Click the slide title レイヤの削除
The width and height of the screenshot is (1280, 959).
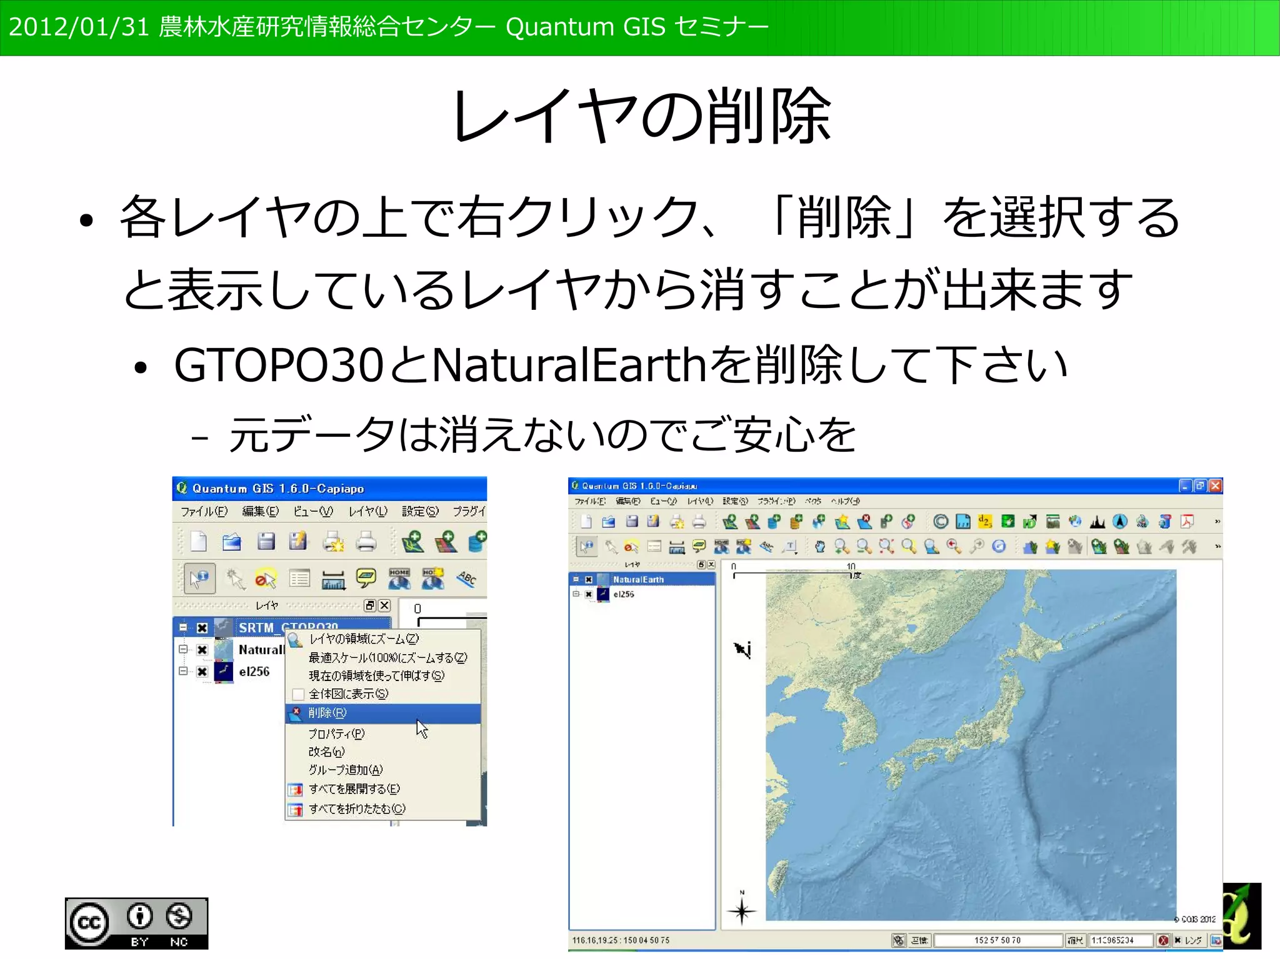coord(641,116)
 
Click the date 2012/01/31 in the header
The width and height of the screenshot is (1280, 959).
coord(79,27)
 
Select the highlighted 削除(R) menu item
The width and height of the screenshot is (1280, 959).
coord(327,713)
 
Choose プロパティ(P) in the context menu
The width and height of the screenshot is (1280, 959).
coord(336,733)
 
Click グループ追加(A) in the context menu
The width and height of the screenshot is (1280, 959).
coord(345,770)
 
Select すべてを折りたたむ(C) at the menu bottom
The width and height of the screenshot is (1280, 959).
coord(356,808)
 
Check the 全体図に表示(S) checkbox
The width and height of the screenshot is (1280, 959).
coord(298,694)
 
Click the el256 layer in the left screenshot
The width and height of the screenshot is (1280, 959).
coord(254,672)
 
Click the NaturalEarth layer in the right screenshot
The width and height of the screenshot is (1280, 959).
coord(638,580)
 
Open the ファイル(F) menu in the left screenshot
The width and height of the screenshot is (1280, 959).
coord(204,512)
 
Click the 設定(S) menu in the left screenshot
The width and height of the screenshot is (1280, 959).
coord(419,512)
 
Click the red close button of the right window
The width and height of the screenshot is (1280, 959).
coord(1215,486)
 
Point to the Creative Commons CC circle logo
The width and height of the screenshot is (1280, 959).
coord(89,923)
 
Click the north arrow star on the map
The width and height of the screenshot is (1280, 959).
coord(742,911)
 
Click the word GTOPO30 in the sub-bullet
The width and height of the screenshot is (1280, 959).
coord(278,365)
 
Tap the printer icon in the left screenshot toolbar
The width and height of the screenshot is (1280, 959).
coord(366,542)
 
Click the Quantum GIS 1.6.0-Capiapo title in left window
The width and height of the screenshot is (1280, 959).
coord(277,489)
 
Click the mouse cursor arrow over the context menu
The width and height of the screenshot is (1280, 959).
coord(422,728)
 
